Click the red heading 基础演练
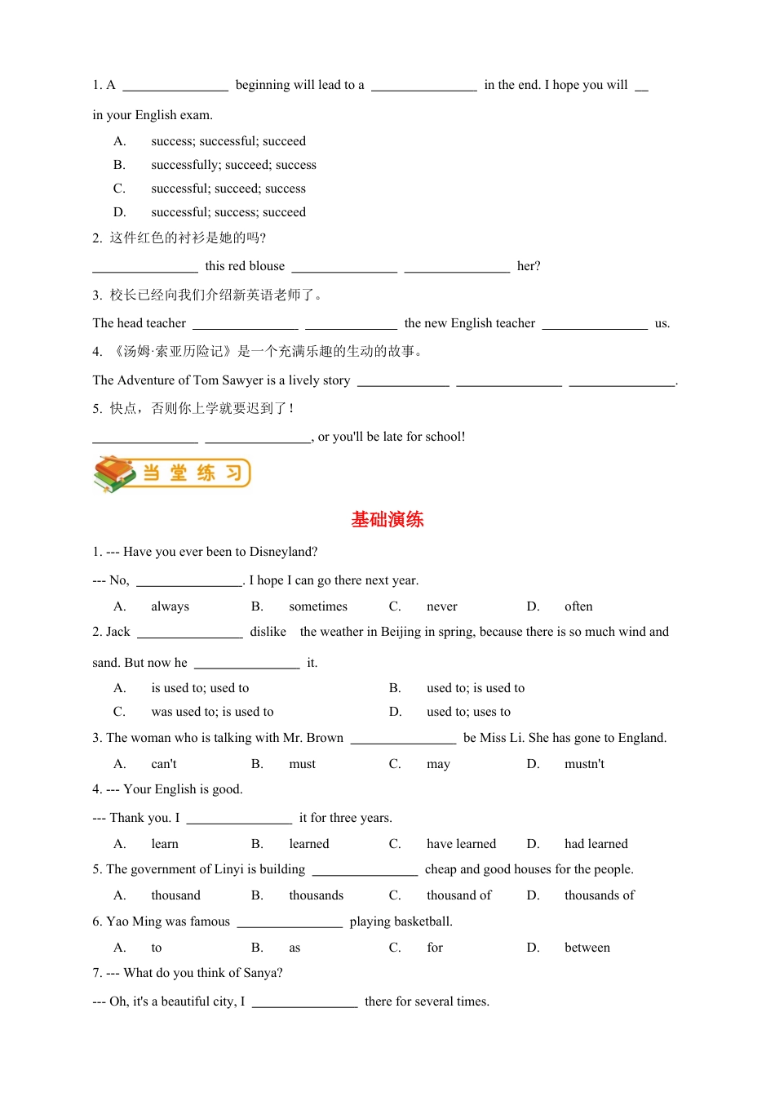pos(387,520)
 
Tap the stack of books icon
pos(114,473)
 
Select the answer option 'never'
pos(441,606)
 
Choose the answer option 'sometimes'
pos(317,606)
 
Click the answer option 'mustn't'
pos(584,764)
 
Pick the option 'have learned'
pos(461,844)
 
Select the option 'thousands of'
pos(599,895)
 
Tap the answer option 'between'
pos(587,948)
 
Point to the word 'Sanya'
pos(262,973)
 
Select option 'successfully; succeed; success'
pos(233,165)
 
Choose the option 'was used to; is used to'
pos(212,712)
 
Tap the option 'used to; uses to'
pos(468,712)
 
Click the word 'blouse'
pos(267,266)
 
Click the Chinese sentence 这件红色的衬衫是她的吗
pos(188,238)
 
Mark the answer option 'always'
pos(170,606)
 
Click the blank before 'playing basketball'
pos(290,922)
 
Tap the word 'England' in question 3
pos(640,738)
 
